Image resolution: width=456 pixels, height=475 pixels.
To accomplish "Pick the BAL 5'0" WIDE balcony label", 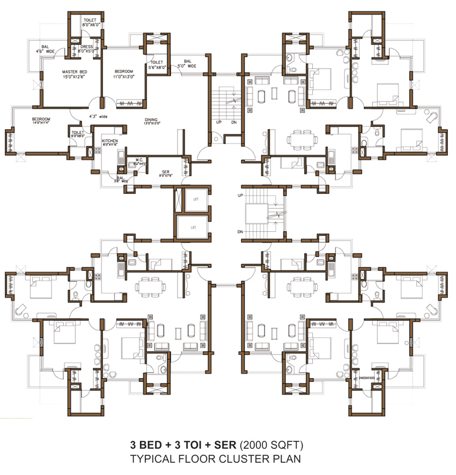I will click(x=188, y=63).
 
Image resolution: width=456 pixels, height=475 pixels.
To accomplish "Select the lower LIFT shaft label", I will click(x=193, y=228).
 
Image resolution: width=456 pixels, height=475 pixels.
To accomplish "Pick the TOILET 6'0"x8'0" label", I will click(x=77, y=134).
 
